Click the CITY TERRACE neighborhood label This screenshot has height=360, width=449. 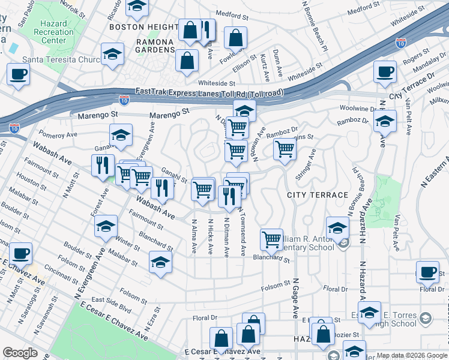click(x=318, y=195)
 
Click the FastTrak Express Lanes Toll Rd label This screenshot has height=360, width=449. click(x=209, y=91)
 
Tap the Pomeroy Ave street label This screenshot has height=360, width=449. click(x=55, y=133)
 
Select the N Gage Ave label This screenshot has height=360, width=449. click(x=295, y=295)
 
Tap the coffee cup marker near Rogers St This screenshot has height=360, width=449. click(x=385, y=71)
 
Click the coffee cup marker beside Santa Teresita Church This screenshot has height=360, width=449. click(x=18, y=74)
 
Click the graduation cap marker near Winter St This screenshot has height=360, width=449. click(x=106, y=226)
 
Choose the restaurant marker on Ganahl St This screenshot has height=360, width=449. click(x=162, y=188)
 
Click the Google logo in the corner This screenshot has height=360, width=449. click(x=20, y=353)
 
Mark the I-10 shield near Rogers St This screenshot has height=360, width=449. click(x=401, y=43)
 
